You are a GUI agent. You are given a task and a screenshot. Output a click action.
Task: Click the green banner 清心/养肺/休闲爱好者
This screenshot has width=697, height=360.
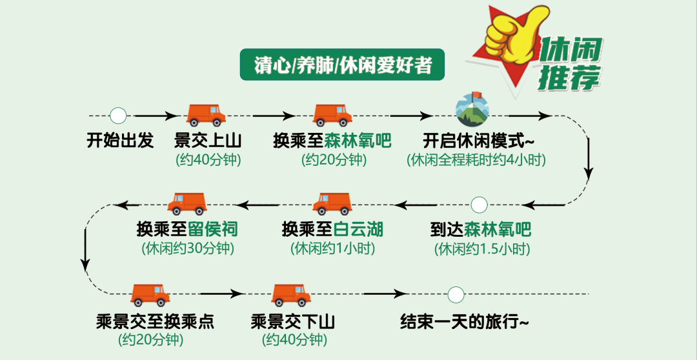coord(343,65)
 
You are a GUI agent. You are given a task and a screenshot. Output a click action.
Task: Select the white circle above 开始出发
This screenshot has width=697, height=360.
coord(118,116)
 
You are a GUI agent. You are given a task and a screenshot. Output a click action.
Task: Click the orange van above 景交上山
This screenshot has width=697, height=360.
coord(206,115)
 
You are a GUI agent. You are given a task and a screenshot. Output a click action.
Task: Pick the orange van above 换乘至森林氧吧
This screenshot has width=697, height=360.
coord(332,115)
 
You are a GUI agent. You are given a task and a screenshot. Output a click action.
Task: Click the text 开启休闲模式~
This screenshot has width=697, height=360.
coord(478,140)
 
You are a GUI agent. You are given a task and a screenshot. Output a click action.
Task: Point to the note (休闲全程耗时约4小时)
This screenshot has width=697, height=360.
coord(476,160)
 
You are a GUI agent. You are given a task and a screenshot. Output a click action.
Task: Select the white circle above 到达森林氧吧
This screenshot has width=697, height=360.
coord(479,205)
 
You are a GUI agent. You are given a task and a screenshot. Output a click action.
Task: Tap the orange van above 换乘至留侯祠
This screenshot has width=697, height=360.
coord(187,204)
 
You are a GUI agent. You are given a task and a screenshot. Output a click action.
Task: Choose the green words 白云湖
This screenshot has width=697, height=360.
coord(356,229)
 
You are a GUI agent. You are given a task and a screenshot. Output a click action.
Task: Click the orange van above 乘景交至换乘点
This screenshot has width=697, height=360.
coord(150,295)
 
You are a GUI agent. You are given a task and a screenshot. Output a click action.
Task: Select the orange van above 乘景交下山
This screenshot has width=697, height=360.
coord(291,295)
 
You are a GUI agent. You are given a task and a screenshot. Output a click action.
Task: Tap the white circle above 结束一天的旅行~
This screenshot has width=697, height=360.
coord(456,295)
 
